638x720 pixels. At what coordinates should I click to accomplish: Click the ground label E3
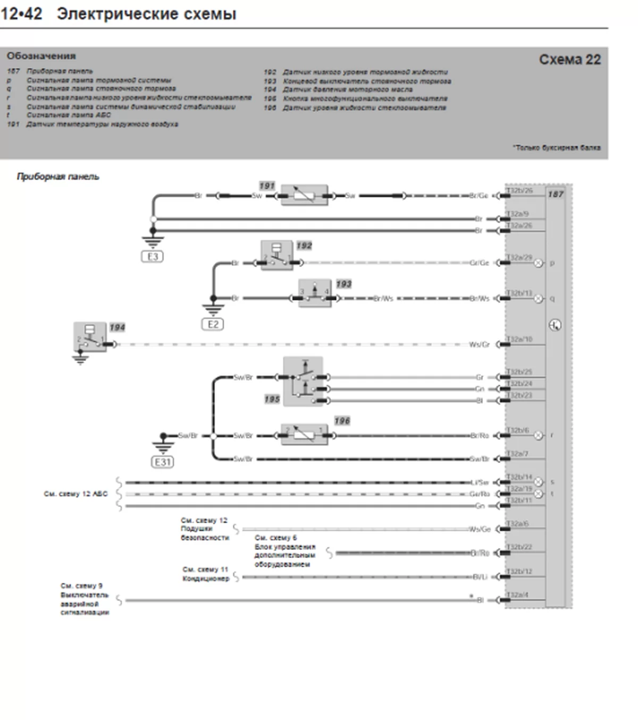point(153,257)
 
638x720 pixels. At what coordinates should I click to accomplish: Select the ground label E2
point(213,324)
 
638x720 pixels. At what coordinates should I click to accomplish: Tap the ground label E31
point(163,462)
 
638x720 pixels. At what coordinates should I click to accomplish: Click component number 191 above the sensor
point(267,186)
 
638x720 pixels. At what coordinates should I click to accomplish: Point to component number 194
point(117,328)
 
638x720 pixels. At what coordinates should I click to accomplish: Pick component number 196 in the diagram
point(342,421)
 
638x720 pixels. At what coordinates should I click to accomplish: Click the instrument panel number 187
point(556,194)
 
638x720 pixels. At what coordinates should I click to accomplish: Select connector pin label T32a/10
point(519,339)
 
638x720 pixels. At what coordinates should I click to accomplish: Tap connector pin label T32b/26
point(519,190)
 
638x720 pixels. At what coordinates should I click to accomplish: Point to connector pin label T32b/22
point(519,547)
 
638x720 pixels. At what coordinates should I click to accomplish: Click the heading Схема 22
point(569,60)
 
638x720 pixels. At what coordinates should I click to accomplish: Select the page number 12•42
point(21,14)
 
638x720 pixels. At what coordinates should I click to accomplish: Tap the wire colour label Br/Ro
point(480,436)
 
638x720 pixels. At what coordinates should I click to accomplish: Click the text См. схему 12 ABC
point(75,494)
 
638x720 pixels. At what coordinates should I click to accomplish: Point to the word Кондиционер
point(206,579)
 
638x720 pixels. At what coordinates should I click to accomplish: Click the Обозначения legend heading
point(41,56)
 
